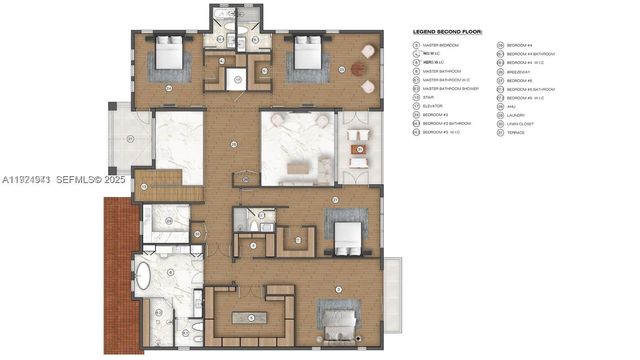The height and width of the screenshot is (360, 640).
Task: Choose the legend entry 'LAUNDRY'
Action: (517, 115)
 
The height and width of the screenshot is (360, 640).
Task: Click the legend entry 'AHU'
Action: (512, 106)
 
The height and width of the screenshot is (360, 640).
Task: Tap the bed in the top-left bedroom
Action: (169, 58)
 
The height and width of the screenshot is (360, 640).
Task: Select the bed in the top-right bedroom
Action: (306, 57)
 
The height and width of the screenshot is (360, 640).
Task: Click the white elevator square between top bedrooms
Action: (237, 80)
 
